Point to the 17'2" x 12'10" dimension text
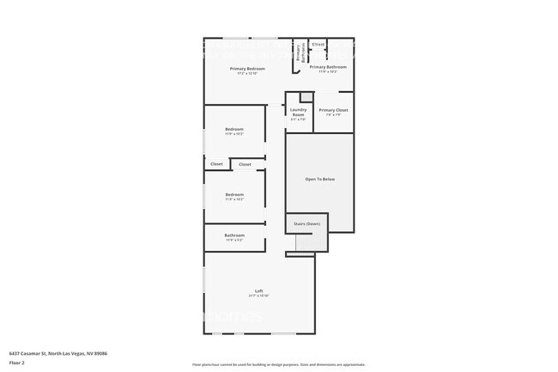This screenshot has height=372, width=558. [246, 73]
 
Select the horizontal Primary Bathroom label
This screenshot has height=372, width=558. [328, 67]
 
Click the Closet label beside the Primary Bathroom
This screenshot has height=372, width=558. [318, 44]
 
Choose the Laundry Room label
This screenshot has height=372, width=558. [298, 111]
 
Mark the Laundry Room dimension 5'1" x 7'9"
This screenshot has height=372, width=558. [298, 119]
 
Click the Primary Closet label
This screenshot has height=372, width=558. [333, 110]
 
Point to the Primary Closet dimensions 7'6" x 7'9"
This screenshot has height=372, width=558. [333, 115]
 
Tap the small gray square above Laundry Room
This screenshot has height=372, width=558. [304, 96]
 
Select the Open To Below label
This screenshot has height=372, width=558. [319, 179]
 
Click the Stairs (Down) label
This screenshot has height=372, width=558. [306, 223]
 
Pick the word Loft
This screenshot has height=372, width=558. [258, 290]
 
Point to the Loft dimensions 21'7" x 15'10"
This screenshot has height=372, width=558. [258, 295]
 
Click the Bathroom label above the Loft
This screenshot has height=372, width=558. [234, 235]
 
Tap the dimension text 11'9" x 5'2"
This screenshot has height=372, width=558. [234, 240]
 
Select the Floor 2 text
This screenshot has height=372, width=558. [17, 363]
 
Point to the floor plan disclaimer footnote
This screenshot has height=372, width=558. [278, 364]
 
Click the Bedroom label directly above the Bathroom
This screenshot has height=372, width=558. [234, 194]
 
